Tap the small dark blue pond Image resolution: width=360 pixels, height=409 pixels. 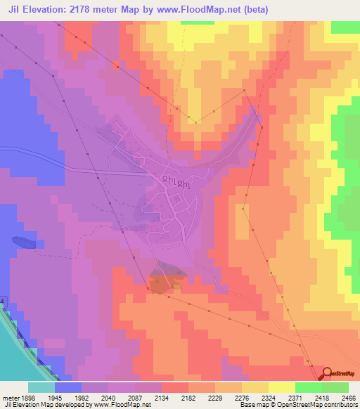[x=22, y=242]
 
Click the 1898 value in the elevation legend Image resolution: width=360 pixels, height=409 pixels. [x=20, y=398]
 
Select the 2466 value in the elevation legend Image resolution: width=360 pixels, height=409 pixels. [x=348, y=398]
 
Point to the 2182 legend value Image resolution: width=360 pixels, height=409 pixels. [x=188, y=398]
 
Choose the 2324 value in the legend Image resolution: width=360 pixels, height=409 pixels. [x=268, y=398]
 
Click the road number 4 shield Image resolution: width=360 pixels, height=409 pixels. [x=2, y=301]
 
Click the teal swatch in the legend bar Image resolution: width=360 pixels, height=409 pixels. [x=41, y=387]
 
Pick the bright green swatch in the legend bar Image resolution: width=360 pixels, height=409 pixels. [x=309, y=387]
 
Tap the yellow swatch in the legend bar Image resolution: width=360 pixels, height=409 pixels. [x=282, y=387]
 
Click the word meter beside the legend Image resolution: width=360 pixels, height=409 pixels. [x=8, y=398]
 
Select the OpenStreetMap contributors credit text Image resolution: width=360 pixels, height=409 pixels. [x=323, y=405]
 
